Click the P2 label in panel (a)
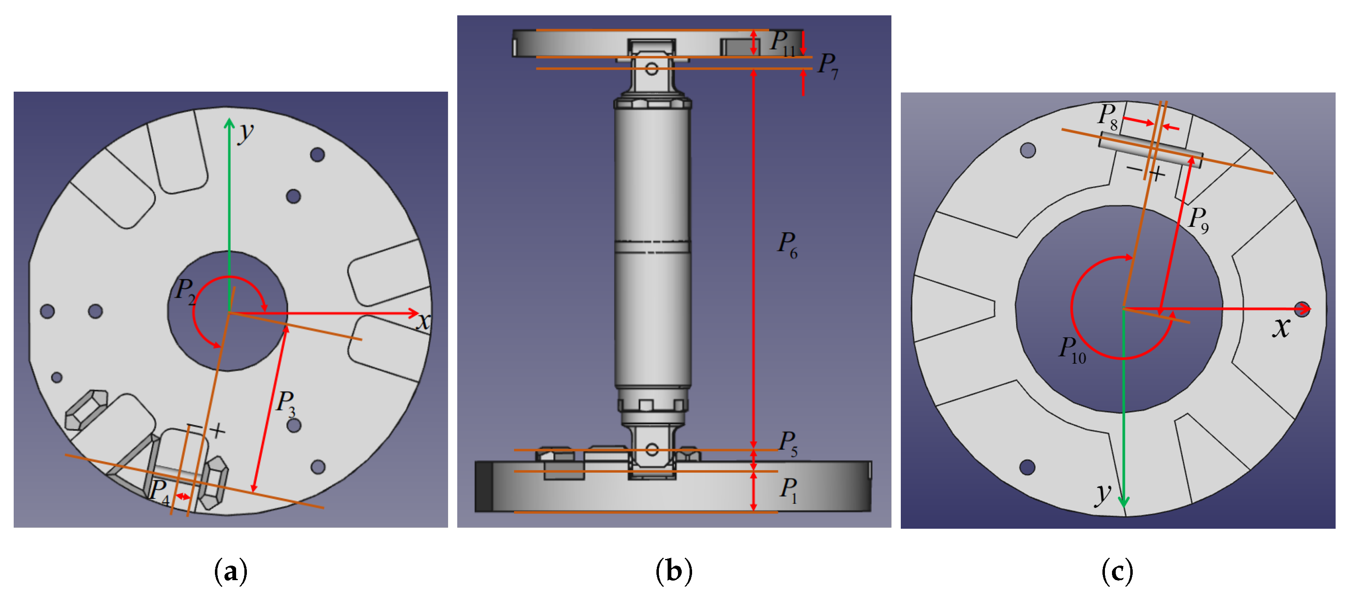point(185,291)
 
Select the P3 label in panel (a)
point(286,403)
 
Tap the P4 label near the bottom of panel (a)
point(159,492)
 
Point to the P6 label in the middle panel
point(787,244)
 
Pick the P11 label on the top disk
point(782,42)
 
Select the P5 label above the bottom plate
point(788,443)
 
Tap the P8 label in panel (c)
point(1107,116)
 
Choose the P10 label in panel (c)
point(1072,349)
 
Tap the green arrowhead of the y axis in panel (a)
point(229,123)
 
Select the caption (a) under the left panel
point(230,571)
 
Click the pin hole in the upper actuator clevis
point(651,68)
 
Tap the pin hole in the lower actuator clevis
point(651,450)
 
